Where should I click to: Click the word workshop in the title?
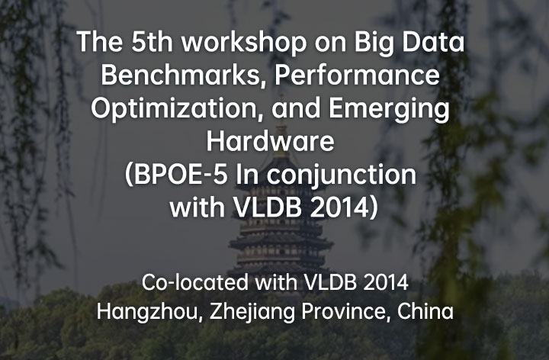[x=244, y=42]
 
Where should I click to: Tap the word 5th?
[x=152, y=42]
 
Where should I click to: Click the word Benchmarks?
[x=185, y=76]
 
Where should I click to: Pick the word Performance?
[x=357, y=75]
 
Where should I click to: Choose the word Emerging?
[x=389, y=109]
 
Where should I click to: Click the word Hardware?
[x=270, y=141]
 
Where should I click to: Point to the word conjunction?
[x=342, y=175]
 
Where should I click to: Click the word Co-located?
[x=195, y=282]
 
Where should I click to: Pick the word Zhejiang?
[x=252, y=313]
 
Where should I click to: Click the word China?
[x=425, y=311]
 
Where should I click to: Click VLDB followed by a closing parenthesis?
[x=268, y=207]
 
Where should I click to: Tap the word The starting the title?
[x=100, y=42]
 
